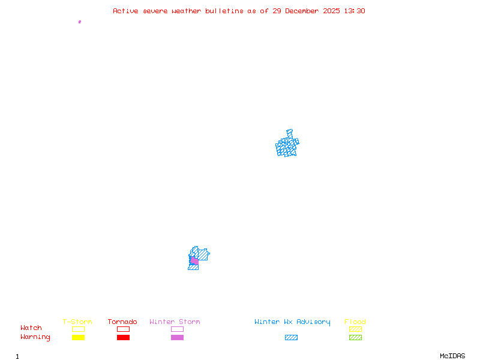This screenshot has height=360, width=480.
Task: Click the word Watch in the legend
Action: tap(31, 328)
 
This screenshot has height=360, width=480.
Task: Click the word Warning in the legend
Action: tap(35, 337)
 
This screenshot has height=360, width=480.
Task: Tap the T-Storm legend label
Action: tap(77, 322)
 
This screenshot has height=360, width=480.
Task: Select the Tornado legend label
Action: tap(122, 322)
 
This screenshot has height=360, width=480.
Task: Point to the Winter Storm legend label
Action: tap(175, 322)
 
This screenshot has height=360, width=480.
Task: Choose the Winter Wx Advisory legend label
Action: tap(292, 322)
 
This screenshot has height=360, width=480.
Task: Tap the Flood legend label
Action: tap(355, 322)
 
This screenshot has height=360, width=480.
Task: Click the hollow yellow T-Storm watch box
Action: tap(78, 329)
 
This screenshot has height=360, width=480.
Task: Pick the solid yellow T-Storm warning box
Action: tap(78, 337)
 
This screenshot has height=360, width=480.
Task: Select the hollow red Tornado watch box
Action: tap(123, 329)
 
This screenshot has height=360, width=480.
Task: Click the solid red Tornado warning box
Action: tap(123, 337)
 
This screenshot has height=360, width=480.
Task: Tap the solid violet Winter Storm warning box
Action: tap(177, 337)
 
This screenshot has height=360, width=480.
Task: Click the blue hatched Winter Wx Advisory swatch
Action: tap(291, 337)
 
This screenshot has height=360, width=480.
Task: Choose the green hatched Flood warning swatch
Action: tap(355, 337)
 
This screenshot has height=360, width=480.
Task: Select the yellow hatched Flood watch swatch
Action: tap(355, 329)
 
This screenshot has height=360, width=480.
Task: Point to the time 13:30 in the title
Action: tap(354, 11)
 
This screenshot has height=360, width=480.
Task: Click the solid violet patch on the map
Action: tap(194, 261)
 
